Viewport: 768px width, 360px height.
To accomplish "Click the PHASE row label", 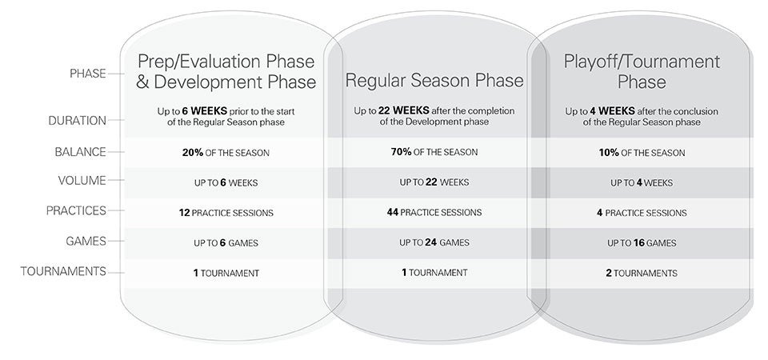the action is (88, 74).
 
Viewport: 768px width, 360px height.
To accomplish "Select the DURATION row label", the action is (77, 121).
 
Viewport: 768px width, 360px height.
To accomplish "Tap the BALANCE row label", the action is (80, 152).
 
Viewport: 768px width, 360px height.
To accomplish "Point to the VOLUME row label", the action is (82, 180).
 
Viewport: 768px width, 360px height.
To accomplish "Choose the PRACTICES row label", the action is (76, 210).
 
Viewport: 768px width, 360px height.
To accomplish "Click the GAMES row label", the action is (86, 241).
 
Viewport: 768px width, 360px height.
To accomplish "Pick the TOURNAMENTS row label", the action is (63, 271).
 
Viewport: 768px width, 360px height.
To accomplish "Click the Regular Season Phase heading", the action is (434, 80).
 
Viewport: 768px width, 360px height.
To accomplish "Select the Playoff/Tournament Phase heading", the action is (642, 71).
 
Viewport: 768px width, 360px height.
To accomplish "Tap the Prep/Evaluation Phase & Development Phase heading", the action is (226, 71).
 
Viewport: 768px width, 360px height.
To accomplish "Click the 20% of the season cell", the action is (226, 153).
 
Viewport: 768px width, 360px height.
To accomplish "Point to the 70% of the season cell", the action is (434, 152).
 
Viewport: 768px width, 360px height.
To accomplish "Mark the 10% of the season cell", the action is (642, 153).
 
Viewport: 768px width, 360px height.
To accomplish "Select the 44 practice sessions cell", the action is (434, 213).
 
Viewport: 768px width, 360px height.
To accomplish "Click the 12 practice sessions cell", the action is (226, 213).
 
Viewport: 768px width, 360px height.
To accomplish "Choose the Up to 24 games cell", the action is (434, 242).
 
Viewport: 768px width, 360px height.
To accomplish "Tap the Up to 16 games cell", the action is (642, 243).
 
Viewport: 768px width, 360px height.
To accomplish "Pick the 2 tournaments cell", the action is (642, 274).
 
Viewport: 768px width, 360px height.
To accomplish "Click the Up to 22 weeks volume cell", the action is (434, 182).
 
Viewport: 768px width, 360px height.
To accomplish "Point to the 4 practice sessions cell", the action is (642, 213).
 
